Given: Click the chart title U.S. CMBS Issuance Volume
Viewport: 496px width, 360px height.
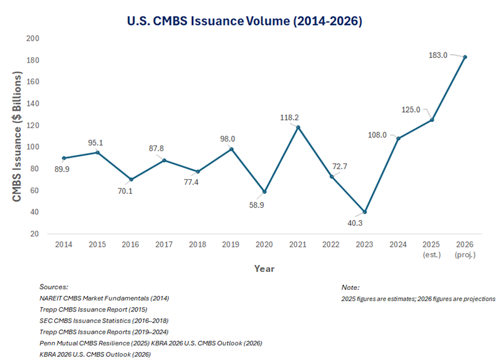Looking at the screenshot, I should point(244,21).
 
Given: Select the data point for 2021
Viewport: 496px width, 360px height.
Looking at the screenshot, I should point(298,127).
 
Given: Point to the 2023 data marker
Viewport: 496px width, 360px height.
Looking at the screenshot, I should point(365,212).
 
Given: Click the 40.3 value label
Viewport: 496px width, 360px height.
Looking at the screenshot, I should point(355,224).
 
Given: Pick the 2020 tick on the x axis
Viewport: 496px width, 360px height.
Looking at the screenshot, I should point(265,244).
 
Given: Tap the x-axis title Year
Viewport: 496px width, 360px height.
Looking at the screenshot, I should point(264,268).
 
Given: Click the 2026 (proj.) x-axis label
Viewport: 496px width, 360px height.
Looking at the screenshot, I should point(465,249).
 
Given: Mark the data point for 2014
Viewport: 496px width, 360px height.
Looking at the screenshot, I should point(64,158).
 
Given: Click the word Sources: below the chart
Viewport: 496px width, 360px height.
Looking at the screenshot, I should point(54,287).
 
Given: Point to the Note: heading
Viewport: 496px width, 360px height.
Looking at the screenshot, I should point(351,287).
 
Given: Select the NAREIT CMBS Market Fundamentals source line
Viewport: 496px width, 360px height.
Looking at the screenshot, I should point(104,298).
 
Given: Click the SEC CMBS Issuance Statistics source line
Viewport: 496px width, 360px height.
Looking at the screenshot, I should point(103,320).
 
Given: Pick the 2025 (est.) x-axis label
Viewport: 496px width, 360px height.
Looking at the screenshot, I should point(432,249).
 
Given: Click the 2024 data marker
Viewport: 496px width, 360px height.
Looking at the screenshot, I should point(398,138).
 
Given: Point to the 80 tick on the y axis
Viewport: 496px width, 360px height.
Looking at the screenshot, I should point(34,169).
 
